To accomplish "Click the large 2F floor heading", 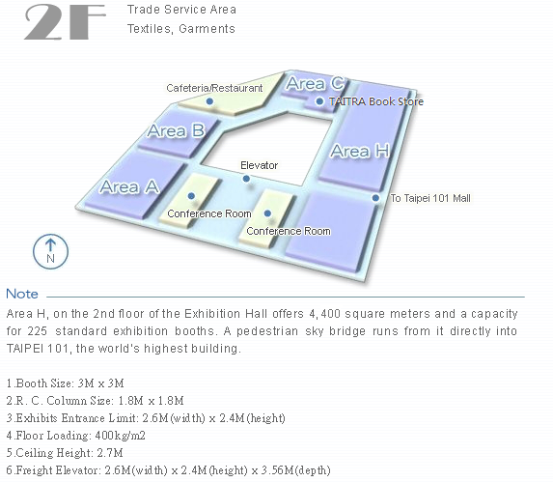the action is click(66, 22).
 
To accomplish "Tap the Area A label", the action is click(129, 186).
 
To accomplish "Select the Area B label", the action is click(176, 131).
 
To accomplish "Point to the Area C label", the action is click(316, 84).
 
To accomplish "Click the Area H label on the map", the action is click(360, 151).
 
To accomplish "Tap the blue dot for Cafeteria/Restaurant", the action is click(209, 101).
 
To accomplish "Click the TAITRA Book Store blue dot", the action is click(319, 101).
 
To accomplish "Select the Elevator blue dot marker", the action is click(246, 179).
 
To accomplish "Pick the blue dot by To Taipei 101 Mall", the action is click(376, 198).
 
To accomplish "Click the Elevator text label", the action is click(260, 165).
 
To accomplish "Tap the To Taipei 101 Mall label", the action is click(430, 198).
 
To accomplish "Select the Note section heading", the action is click(22, 294).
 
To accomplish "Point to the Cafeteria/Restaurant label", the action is click(214, 88).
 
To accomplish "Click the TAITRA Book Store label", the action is click(376, 101).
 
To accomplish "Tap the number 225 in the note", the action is click(38, 331).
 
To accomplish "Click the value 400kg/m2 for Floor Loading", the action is click(120, 436).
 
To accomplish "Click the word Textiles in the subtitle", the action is click(150, 29).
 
